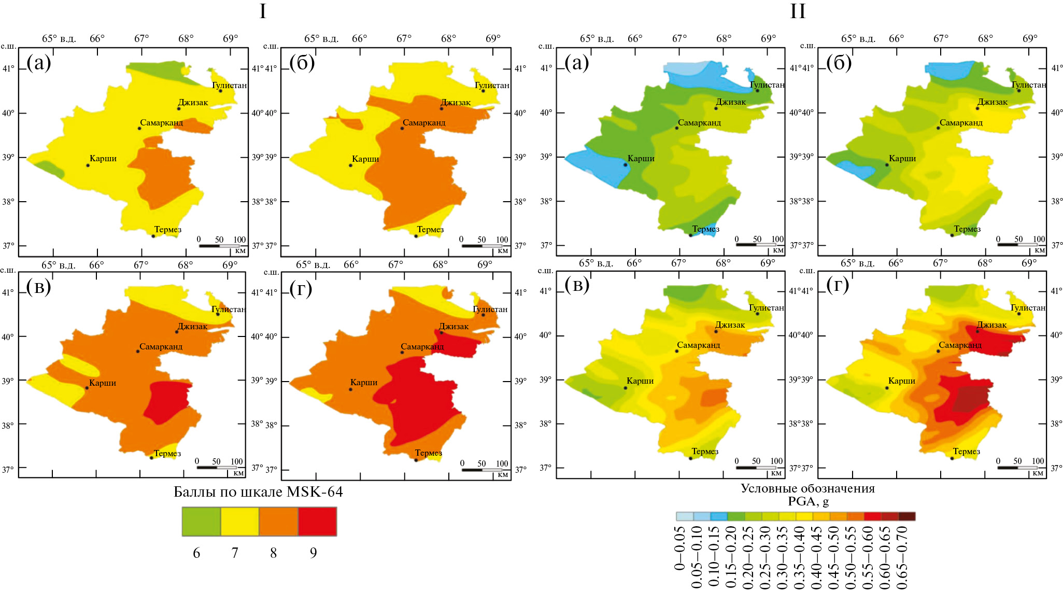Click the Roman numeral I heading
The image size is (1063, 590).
263,11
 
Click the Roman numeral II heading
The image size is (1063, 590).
798,11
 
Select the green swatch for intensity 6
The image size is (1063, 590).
201,521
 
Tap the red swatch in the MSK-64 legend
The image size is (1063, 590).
317,521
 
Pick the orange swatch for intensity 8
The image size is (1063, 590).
278,521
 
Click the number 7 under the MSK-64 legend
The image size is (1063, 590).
235,553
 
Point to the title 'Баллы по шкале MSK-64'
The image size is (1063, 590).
258,491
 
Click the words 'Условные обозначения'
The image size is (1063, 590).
807,488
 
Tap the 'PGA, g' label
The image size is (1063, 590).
808,501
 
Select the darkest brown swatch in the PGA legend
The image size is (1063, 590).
906,516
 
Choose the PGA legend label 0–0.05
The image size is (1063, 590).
680,549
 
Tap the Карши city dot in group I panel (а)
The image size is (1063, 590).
88,165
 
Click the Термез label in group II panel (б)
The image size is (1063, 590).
967,229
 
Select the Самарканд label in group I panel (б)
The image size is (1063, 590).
424,123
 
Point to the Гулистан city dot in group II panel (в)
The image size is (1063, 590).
757,314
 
